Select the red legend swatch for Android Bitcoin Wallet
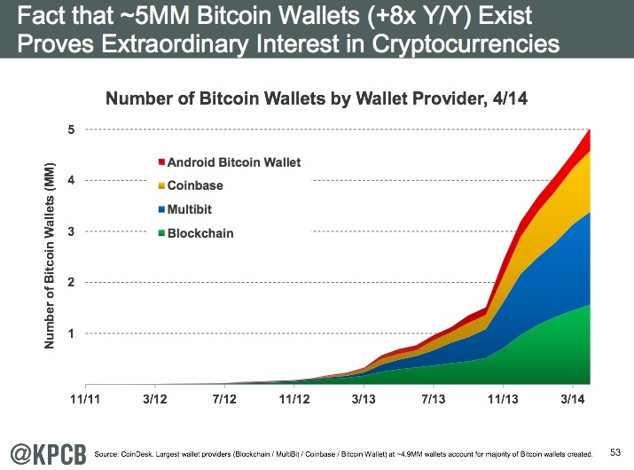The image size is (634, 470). click(x=161, y=162)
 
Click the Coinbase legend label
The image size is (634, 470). click(x=195, y=186)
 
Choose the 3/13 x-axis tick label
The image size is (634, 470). click(x=363, y=400)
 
